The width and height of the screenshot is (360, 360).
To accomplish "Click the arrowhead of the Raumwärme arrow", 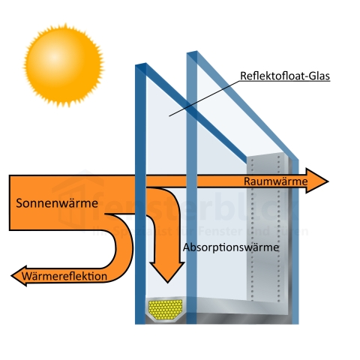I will click(x=320, y=181).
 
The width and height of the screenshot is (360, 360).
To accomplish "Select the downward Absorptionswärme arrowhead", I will click(x=166, y=272).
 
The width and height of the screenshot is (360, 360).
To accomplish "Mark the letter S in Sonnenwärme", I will click(x=19, y=203).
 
